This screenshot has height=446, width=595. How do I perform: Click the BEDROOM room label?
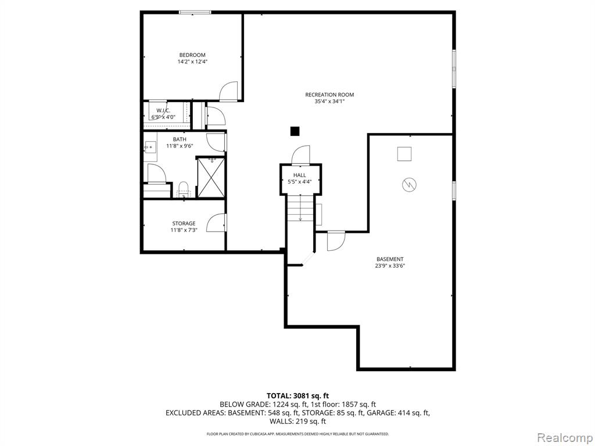192,55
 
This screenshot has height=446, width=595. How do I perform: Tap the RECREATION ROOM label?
329,95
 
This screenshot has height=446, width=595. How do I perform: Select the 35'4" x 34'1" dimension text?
329,101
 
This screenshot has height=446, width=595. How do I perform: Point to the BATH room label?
180,139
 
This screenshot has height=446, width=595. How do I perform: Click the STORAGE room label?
184,224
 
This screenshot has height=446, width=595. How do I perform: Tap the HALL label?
299,175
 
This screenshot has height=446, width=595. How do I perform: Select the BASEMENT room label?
390,259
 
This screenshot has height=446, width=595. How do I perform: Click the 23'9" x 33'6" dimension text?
390,265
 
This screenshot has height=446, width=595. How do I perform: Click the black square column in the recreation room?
295,131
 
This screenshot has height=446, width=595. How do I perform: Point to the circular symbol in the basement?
409,185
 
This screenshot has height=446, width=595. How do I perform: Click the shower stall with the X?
211,178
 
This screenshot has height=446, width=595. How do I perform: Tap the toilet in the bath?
184,189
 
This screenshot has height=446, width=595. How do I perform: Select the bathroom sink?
150,146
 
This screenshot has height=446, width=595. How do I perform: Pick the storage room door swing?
216,222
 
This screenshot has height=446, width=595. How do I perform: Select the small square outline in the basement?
404,153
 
